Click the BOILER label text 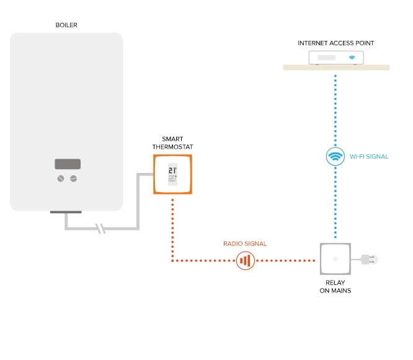pos(66,25)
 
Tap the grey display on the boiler pos(67,164)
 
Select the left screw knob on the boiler pos(61,178)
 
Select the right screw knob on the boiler pos(74,178)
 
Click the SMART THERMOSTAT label pos(172,143)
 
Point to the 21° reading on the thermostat pos(173,170)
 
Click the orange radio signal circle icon pos(246,260)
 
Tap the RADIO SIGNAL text pos(245,244)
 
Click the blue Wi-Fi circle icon pos(335,156)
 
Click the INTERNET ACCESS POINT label pos(336,43)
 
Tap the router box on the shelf pos(336,58)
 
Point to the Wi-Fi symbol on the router pos(352,58)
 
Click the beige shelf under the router pos(336,67)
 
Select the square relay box pos(335,259)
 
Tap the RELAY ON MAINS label pos(335,286)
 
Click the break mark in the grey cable pos(101,230)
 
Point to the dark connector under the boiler pos(66,213)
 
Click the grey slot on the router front pos(327,58)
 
